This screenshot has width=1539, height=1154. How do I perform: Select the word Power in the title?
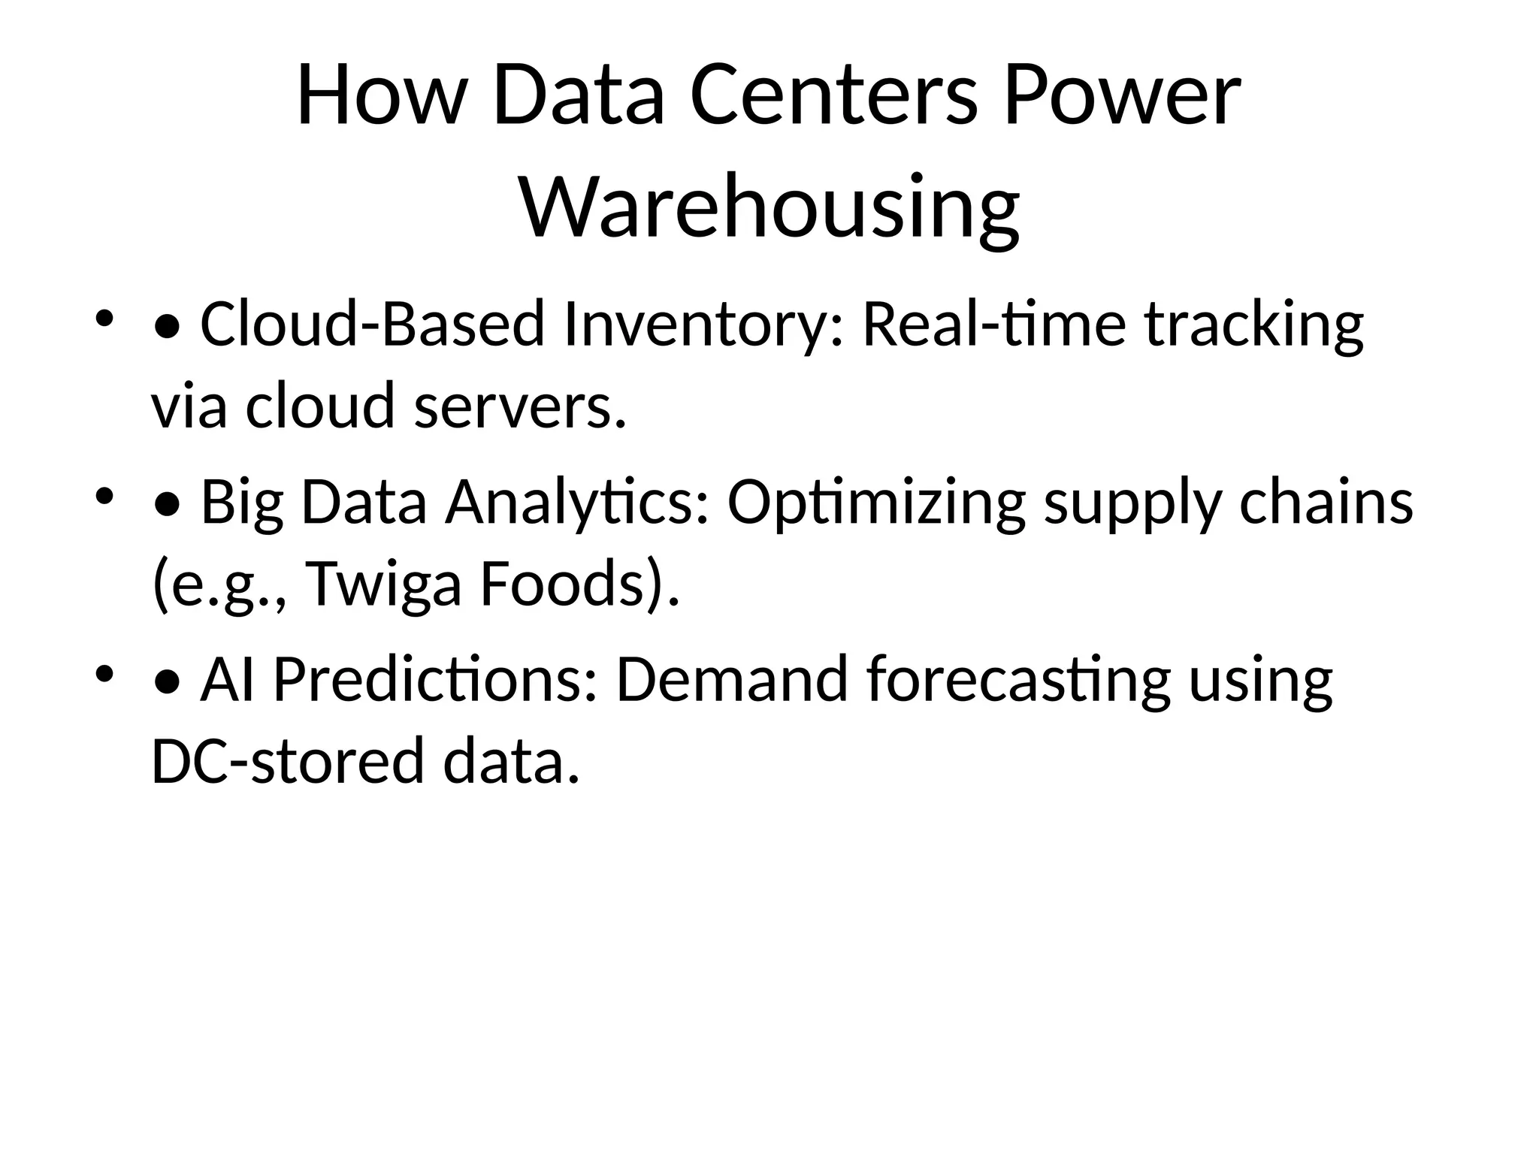[1121, 96]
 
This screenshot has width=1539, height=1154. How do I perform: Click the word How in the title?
[378, 96]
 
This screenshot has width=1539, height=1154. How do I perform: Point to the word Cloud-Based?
[372, 325]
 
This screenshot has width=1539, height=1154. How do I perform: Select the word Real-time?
[993, 325]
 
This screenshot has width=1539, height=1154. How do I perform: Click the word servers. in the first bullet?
[520, 406]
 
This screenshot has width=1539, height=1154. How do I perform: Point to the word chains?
[1326, 503]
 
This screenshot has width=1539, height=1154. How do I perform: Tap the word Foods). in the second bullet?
[579, 584]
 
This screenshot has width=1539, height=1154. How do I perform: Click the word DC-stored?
[287, 761]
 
